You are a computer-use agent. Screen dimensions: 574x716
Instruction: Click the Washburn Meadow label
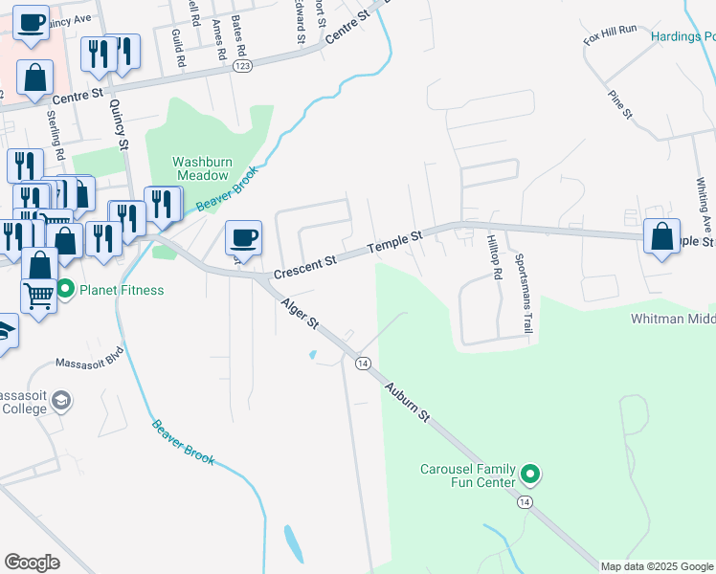pos(201,168)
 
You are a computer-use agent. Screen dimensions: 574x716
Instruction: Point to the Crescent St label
pos(305,265)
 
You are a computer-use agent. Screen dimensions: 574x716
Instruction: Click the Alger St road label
pos(300,313)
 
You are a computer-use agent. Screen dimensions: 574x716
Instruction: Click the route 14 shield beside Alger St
pos(363,363)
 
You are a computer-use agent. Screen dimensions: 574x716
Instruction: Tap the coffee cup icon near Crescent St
pos(243,238)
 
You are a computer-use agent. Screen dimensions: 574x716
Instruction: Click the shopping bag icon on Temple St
pos(661,235)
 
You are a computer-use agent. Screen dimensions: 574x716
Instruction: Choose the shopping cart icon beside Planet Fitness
pos(38,296)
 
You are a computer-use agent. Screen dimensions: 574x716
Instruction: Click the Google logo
pos(33,562)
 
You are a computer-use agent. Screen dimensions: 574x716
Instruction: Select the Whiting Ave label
pos(705,201)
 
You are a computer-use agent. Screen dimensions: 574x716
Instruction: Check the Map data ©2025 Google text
pos(656,566)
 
